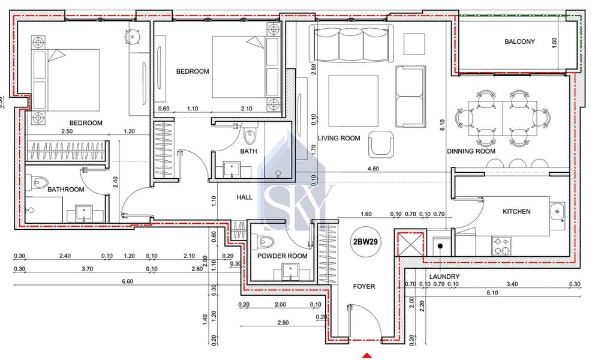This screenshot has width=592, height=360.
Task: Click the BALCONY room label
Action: tap(519, 41)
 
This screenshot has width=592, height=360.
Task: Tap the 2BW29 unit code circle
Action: tap(365, 241)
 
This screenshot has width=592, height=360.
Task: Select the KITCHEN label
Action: tap(516, 212)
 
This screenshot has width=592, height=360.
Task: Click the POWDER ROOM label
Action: tap(282, 256)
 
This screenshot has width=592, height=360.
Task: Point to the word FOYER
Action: tap(364, 286)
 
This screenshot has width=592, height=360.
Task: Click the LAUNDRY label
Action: tap(444, 277)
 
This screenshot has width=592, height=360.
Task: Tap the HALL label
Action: tap(244, 197)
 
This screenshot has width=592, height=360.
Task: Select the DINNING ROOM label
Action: tap(471, 151)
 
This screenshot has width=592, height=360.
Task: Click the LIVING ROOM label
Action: tap(339, 138)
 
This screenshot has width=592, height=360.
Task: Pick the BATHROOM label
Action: tap(66, 189)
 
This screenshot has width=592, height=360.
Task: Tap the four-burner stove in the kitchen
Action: tap(501, 245)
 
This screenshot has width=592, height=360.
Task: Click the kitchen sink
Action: tap(557, 212)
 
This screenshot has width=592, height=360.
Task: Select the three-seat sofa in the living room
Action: tap(351, 43)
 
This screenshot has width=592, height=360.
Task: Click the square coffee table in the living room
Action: tap(353, 101)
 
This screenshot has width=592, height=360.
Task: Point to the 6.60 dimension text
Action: tap(127, 281)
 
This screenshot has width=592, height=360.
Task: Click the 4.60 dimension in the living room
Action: tap(373, 169)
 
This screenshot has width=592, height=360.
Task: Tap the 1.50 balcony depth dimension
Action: tap(555, 43)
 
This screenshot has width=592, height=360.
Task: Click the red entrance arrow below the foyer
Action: tap(367, 355)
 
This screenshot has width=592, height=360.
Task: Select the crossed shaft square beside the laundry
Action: tap(409, 244)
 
